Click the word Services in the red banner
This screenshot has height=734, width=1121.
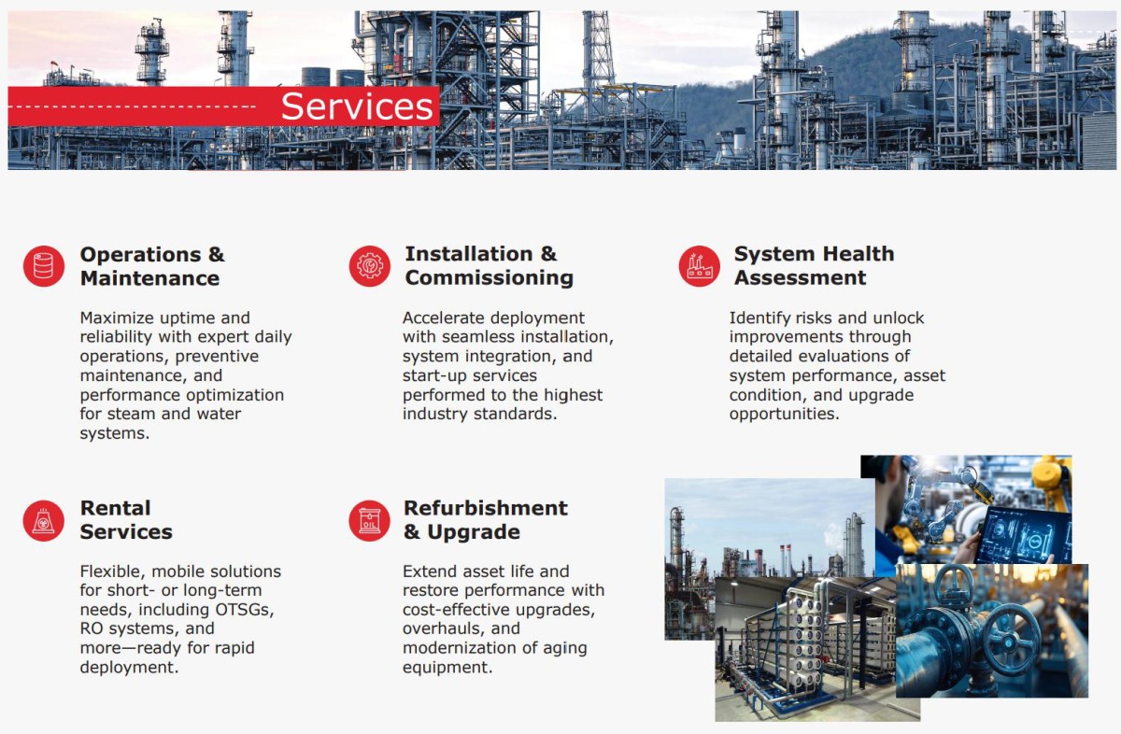pos(357,106)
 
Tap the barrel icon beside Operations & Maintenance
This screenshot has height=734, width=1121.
pos(44,266)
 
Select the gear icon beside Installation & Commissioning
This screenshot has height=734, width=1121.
pos(369,266)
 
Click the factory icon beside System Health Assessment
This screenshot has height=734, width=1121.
pos(699,266)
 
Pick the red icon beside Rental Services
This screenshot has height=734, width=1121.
pos(44,520)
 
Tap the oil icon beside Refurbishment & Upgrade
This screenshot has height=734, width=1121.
pos(369,520)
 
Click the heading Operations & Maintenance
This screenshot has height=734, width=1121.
pos(152,266)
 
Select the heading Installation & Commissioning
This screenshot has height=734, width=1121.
pos(489,266)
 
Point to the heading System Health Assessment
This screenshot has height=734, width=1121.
pos(814,266)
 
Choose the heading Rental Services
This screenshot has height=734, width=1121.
pos(126,520)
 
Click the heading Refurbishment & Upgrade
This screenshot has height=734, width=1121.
pos(486,520)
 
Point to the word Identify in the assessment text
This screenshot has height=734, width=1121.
pos(760,318)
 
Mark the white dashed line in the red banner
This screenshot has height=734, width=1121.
pos(132,106)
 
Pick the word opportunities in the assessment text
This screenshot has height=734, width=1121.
pos(784,415)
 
